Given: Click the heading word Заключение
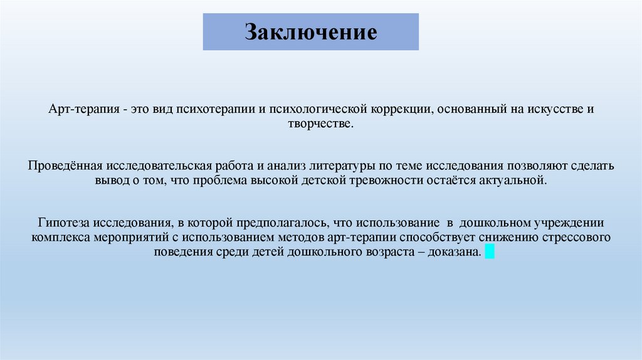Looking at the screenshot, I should (x=311, y=32).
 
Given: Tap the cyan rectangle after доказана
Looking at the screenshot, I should (x=490, y=252).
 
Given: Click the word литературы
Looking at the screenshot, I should (x=332, y=166).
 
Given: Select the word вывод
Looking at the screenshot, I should (x=110, y=181).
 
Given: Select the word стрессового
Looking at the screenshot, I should (x=577, y=238).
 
